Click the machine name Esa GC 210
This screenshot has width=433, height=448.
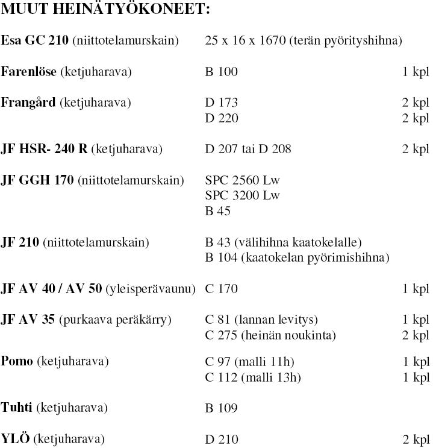[35, 41]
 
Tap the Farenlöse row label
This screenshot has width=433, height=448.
[29, 72]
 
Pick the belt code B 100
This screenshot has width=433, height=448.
[222, 72]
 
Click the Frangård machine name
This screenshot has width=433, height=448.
[29, 103]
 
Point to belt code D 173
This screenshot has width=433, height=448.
[222, 103]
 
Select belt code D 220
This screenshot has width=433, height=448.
[222, 118]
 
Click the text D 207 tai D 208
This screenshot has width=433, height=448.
[248, 149]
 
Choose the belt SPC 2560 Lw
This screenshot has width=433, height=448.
[243, 180]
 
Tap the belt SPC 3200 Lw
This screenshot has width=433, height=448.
[243, 195]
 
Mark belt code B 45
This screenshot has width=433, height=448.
[218, 211]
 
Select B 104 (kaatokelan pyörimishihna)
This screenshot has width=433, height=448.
[297, 258]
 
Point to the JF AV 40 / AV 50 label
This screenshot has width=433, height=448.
[52, 289]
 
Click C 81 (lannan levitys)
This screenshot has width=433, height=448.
[261, 320]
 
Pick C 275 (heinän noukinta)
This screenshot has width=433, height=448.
[270, 335]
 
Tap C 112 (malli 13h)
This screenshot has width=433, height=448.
[253, 377]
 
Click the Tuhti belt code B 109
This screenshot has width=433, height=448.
[222, 408]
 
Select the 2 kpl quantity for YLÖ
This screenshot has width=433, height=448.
[416, 439]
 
